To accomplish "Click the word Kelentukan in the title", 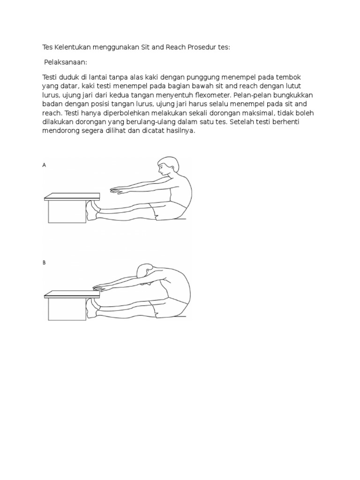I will (69, 48).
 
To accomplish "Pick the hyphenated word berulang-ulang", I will (144, 122).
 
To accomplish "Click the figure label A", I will (45, 165).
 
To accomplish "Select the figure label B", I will (45, 263).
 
